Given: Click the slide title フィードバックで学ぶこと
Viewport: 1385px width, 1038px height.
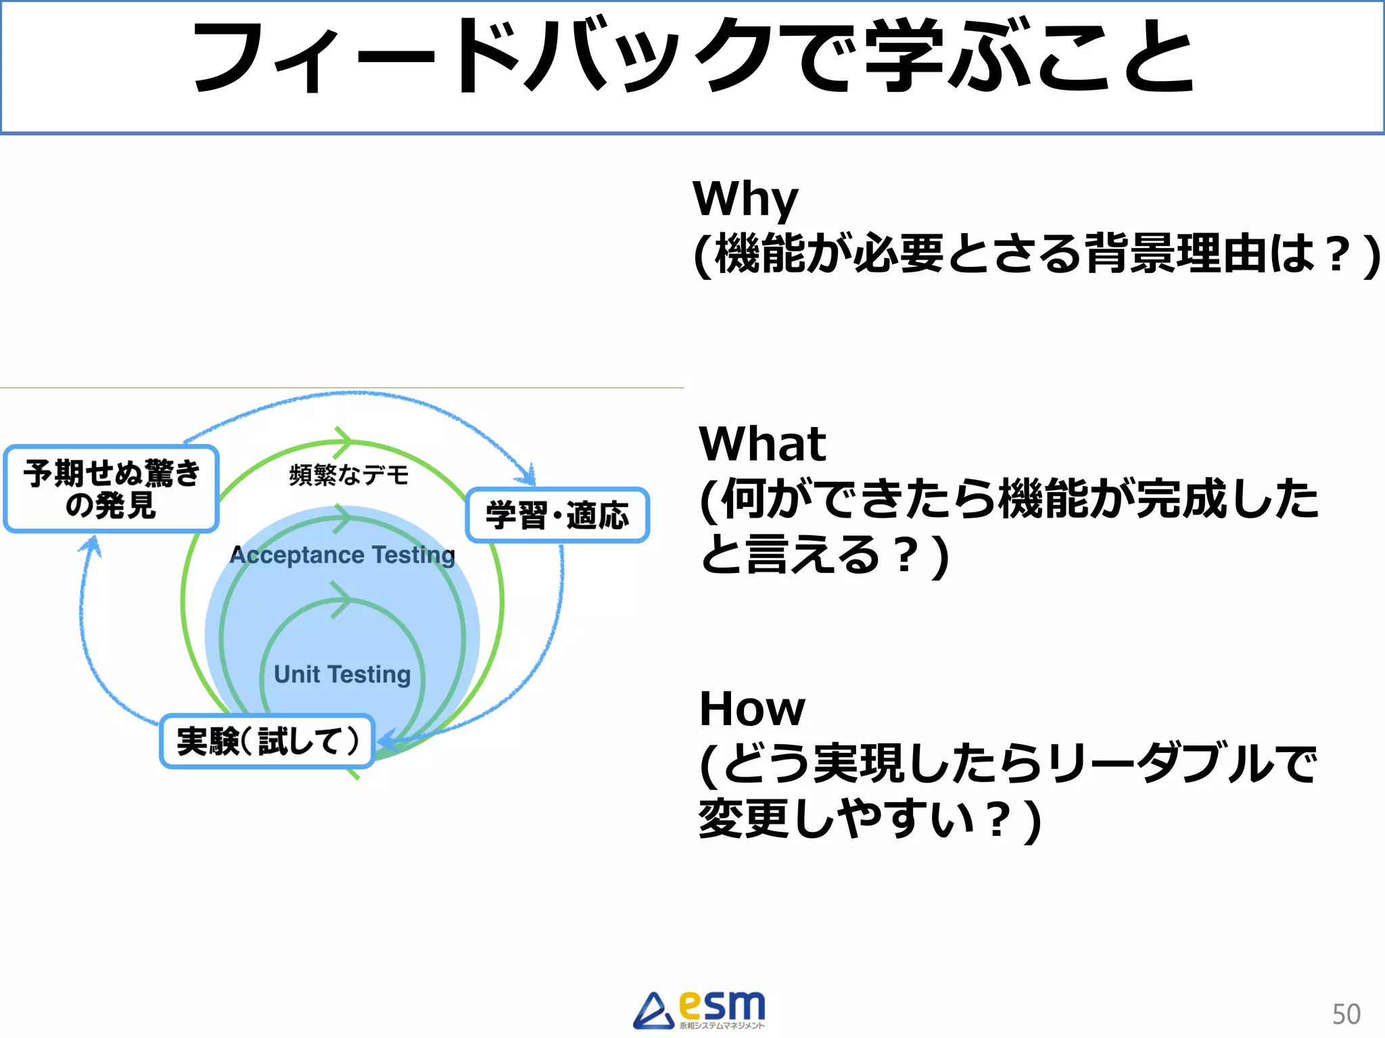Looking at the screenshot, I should pos(692,57).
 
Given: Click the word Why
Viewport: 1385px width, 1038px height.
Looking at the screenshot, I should pos(745,199).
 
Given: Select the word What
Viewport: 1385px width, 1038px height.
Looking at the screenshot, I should pos(762,444).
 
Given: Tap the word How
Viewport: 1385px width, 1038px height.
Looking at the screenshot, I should pos(752,709).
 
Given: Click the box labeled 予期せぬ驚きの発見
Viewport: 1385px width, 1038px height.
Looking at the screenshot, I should pos(112,489).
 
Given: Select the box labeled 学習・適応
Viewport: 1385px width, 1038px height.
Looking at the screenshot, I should pos(557,515).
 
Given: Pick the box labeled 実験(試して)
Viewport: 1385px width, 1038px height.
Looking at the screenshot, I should pos(267,741).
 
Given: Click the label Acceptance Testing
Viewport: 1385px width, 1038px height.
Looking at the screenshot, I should pos(342,555).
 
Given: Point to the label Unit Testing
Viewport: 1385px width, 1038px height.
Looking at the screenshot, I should pos(342,674).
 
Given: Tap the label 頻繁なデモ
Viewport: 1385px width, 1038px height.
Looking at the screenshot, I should pos(349,475).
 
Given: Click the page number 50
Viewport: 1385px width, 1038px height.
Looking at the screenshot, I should pos(1346,1014).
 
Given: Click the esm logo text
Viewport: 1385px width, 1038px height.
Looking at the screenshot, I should pos(722,1006).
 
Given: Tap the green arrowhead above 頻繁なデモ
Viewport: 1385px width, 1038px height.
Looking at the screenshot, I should pos(344,441).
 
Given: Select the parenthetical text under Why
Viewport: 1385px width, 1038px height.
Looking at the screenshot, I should pos(1037,254).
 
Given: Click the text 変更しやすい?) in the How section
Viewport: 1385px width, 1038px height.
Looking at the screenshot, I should pos(869,819).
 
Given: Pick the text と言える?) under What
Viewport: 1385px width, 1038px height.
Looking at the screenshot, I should pos(824,555).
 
